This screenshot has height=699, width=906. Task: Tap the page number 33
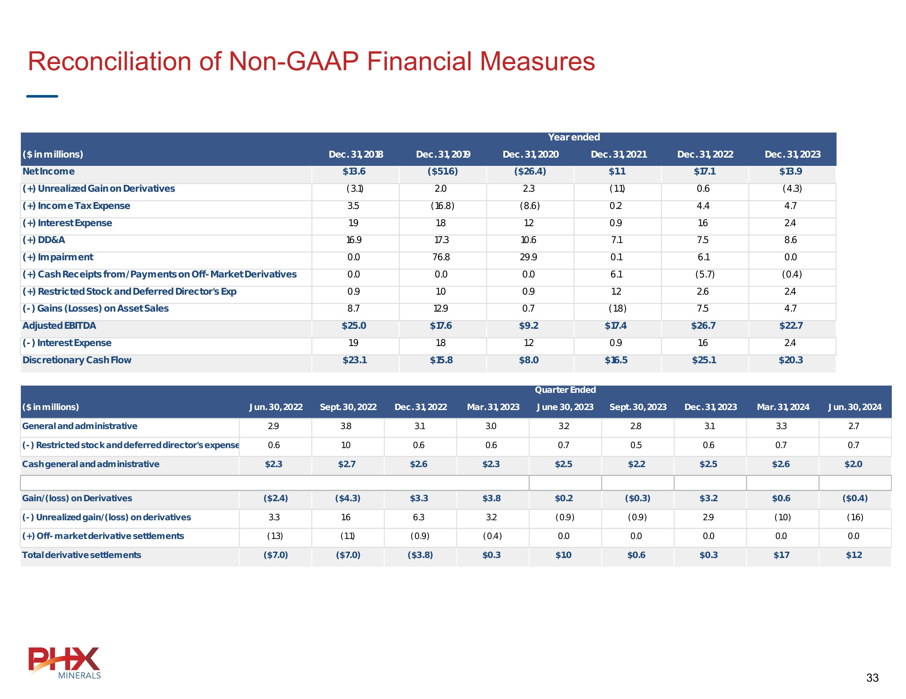(872, 678)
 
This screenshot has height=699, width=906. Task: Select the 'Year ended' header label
(574, 137)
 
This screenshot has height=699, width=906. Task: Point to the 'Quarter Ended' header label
(565, 390)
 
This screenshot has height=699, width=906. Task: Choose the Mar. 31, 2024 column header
(783, 407)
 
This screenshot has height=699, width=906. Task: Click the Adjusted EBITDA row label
(59, 326)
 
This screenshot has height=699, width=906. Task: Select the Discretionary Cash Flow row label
(77, 360)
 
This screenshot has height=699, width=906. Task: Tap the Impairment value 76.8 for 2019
(441, 257)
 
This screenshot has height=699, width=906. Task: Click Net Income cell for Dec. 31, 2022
(704, 171)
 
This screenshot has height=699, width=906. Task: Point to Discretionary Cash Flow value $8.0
(528, 360)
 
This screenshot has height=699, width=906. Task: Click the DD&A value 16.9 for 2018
(353, 240)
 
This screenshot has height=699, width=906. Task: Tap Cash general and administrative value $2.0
(853, 464)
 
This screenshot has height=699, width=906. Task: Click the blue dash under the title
(42, 96)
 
